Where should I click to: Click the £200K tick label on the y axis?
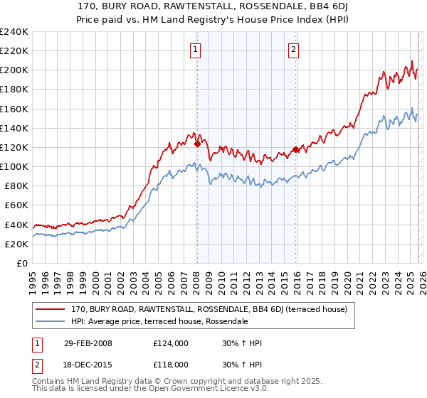click(14, 70)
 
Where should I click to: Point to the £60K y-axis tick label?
click(16, 205)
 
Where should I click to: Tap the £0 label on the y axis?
click(22, 263)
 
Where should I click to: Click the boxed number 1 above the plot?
click(195, 49)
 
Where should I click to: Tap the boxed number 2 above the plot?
click(293, 49)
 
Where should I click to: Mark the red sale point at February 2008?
click(197, 144)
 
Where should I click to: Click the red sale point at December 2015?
click(296, 149)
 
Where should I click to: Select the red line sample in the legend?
click(51, 310)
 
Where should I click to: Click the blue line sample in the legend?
click(51, 321)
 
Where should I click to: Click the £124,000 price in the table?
click(171, 343)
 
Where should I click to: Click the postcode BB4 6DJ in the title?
click(290, 5)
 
